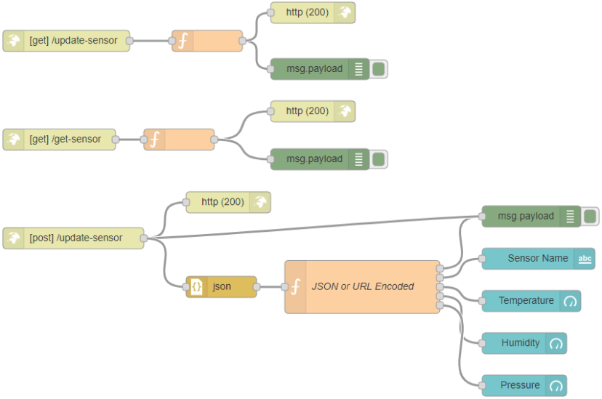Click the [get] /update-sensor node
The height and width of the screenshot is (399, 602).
coord(73,41)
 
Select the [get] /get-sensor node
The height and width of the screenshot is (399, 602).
coord(65,140)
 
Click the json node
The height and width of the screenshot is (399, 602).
coord(222,287)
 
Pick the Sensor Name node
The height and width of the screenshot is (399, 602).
coord(537,258)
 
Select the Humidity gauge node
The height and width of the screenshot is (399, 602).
coord(520,343)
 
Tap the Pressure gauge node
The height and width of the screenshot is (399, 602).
coord(520,385)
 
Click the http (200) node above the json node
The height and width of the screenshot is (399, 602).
coord(222,202)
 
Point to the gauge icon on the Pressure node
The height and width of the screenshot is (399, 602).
coord(556,385)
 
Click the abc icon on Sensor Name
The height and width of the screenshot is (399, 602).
coord(585,259)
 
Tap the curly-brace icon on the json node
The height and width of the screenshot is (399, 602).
coord(196,287)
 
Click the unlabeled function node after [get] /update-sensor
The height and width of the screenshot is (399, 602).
coord(207,41)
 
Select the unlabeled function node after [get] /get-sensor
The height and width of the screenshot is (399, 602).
coord(179,140)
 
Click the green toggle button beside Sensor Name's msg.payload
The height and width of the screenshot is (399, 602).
coord(590,216)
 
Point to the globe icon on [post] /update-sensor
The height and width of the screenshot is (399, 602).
coord(14,238)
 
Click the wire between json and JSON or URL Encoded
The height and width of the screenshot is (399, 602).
coord(270,287)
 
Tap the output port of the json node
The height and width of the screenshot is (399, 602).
coord(257,287)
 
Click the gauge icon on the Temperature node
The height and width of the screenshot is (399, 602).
coord(570,301)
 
